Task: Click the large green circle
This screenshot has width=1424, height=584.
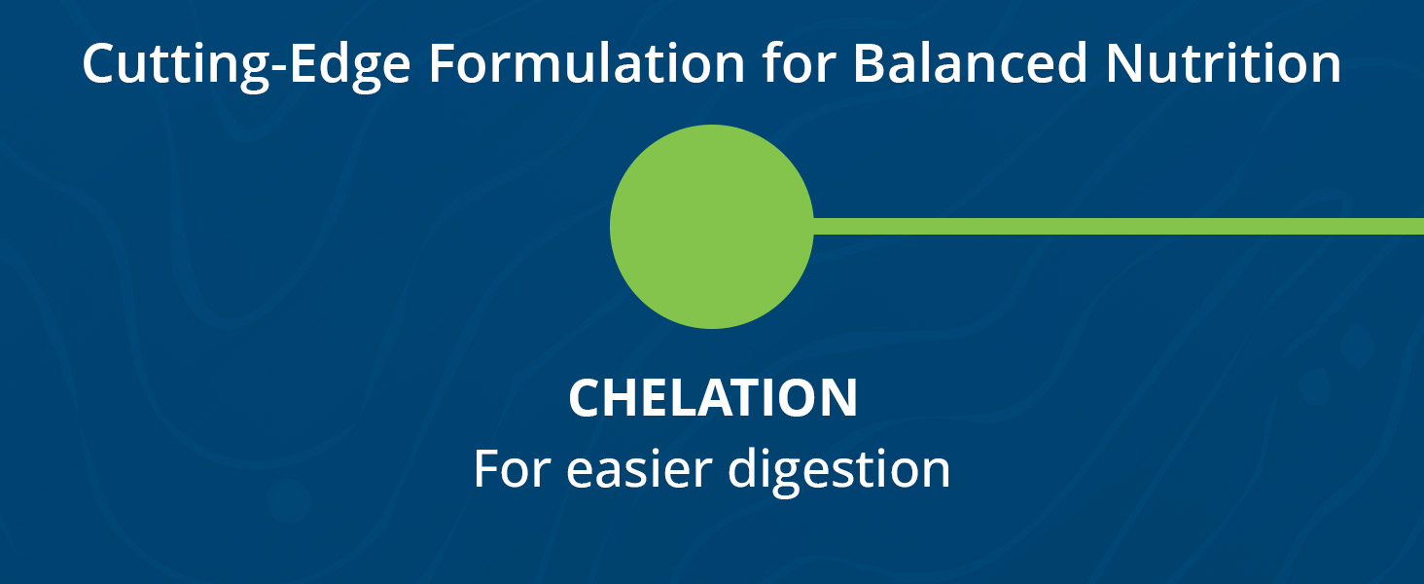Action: click(x=711, y=227)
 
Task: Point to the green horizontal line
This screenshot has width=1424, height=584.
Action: click(x=1119, y=227)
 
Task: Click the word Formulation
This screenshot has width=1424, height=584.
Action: click(x=587, y=63)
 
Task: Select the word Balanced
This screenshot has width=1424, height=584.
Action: click(x=970, y=63)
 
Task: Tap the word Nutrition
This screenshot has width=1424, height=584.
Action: click(x=1224, y=63)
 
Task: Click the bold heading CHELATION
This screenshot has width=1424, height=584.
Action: click(x=713, y=397)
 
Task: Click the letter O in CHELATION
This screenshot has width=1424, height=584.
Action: click(x=794, y=397)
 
